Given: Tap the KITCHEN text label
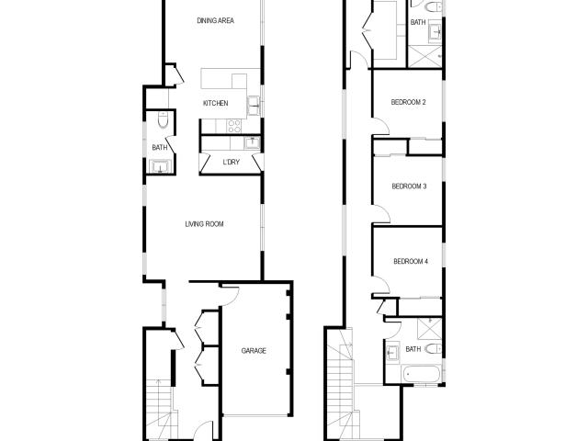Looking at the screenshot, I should pos(215,103).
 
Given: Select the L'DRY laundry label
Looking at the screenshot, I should pos(232,163).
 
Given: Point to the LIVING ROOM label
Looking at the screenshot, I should pos(204,223).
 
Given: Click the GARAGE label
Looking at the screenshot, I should pos(254,350).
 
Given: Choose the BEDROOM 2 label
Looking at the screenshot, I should pos(408,102).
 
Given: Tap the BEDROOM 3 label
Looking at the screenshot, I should pos(409,186).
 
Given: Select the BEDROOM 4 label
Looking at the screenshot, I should pos(411,261).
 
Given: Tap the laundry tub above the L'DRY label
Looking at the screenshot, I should pos(250,142).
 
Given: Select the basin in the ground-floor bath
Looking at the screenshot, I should pos(159,166).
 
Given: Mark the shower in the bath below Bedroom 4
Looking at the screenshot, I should pos(426,327).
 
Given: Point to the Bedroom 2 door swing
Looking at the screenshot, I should pos(380,128).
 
